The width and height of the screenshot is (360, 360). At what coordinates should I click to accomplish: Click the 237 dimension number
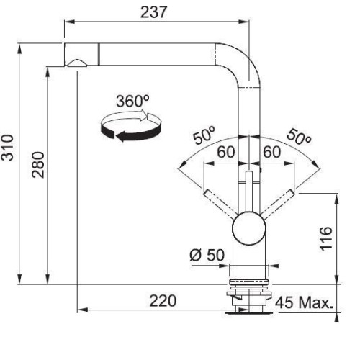tap(153, 12)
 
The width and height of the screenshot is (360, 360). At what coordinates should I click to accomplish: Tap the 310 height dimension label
tap(7, 148)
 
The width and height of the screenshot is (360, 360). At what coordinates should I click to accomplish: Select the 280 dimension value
tap(38, 165)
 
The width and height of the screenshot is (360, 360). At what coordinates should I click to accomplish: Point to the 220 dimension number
tap(163, 301)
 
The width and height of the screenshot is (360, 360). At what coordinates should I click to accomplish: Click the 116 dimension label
tap(326, 239)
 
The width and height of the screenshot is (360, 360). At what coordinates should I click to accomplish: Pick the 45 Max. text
tap(304, 303)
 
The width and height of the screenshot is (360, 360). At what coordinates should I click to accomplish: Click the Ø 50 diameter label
tap(207, 255)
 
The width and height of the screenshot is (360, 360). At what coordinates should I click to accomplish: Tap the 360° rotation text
tap(132, 101)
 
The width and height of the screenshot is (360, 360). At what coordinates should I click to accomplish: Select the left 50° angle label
tap(204, 135)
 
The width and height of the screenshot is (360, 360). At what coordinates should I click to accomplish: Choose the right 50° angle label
tap(299, 137)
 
